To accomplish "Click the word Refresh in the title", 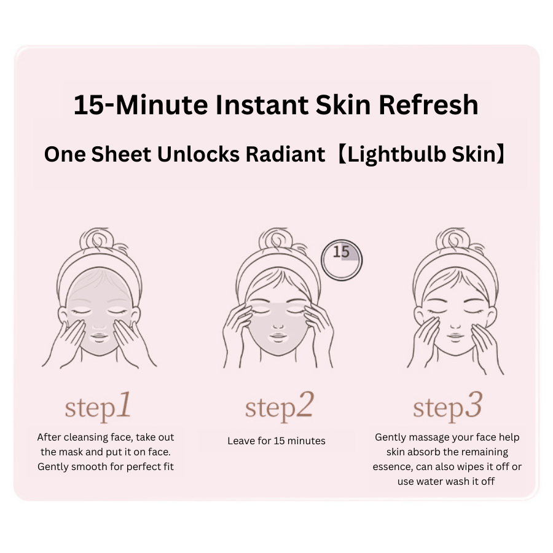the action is tap(428, 104).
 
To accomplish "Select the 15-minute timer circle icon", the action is tap(342, 260).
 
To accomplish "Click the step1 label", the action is tap(98, 407).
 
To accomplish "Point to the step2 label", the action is tap(279, 407).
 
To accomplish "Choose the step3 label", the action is tap(447, 407).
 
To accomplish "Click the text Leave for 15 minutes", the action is tap(276, 441).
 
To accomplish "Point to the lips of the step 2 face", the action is tap(278, 337).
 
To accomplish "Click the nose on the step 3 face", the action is tap(455, 326).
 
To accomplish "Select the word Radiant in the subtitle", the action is tap(285, 154).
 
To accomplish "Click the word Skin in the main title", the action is tap(343, 104).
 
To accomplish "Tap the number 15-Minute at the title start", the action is tap(141, 104).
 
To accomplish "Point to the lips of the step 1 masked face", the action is tap(99, 337).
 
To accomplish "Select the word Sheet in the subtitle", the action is tap(121, 154).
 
